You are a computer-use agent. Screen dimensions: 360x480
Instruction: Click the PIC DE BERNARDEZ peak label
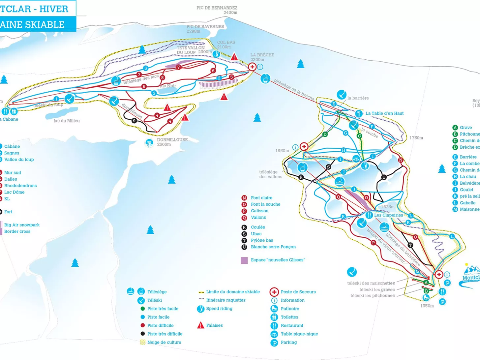217,8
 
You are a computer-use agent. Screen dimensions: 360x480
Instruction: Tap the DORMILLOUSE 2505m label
172,142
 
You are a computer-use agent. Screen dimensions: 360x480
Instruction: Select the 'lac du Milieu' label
67,121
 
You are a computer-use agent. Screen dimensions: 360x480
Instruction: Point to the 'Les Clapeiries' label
388,215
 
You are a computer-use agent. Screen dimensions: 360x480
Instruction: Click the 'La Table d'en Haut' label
384,113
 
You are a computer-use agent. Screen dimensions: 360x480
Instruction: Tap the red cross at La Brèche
252,67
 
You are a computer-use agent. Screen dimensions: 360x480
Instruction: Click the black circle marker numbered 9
134,121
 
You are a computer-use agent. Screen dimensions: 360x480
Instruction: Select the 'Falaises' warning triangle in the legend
200,325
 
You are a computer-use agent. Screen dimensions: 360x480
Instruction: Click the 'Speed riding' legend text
219,309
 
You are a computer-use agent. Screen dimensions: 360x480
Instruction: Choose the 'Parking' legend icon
274,343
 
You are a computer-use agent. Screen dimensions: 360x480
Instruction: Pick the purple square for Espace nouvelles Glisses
244,260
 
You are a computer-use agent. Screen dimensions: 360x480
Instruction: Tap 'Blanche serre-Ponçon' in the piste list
273,247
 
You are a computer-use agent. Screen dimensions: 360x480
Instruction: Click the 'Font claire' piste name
261,198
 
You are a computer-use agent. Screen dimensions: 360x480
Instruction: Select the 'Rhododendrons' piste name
20,186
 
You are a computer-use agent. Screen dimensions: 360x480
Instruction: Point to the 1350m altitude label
427,306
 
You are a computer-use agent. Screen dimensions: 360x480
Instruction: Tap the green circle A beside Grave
455,128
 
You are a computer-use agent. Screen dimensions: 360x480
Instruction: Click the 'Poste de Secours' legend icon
274,292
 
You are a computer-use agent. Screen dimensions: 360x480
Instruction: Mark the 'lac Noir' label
168,86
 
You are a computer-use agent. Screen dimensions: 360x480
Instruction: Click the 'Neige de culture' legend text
164,343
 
